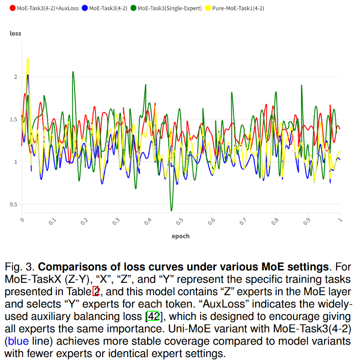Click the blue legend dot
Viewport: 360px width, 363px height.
click(x=85, y=8)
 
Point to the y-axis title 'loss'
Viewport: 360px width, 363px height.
click(x=16, y=33)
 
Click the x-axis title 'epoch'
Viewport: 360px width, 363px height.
click(x=180, y=236)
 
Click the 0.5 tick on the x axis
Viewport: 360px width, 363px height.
click(x=180, y=222)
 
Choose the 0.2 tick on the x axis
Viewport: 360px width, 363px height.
click(x=85, y=222)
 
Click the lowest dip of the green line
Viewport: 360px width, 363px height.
click(x=171, y=210)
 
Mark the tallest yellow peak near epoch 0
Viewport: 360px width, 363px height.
click(x=28, y=58)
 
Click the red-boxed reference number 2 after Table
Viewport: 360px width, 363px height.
click(x=96, y=291)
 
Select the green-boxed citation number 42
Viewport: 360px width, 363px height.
click(x=153, y=316)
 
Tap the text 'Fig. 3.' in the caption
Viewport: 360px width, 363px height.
click(x=20, y=267)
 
